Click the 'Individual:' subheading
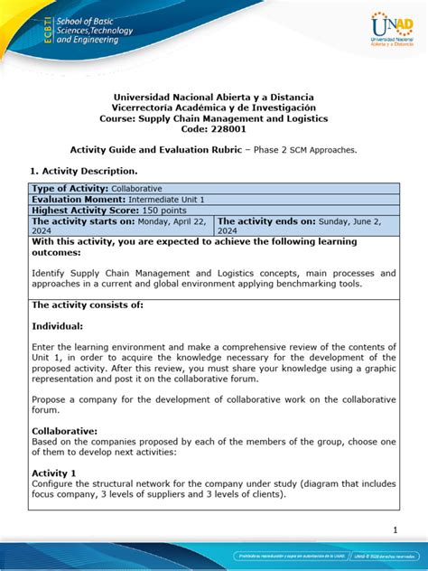pyautogui.click(x=58, y=325)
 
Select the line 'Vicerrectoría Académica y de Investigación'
pyautogui.click(x=214, y=107)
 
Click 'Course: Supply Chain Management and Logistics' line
pyautogui.click(x=214, y=118)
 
